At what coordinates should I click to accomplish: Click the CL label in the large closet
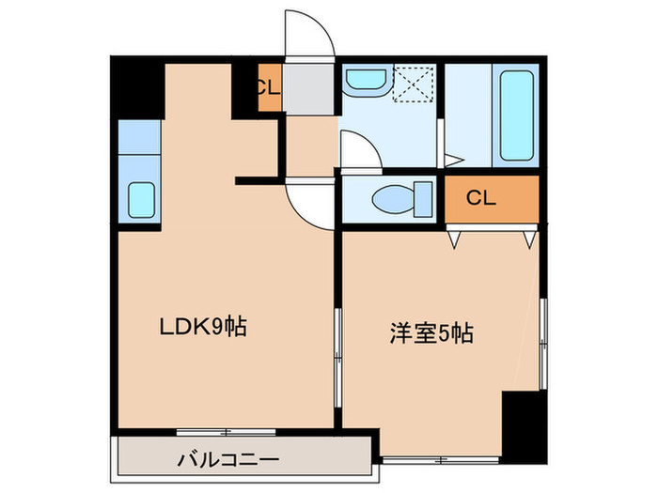[x=480, y=198]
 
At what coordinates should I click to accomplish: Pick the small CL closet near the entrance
[x=267, y=89]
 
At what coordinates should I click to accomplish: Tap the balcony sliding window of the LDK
[x=226, y=431]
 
